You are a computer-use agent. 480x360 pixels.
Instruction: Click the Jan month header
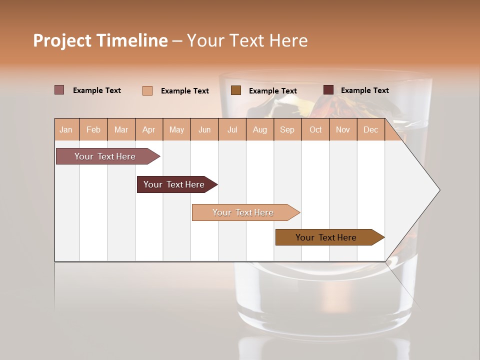[x=66, y=129]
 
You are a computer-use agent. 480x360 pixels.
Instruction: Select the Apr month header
[x=149, y=129]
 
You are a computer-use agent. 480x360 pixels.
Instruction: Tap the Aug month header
[x=259, y=129]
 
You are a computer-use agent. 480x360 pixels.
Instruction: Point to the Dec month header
[x=370, y=129]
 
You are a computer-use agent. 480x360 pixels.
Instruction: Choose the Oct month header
[x=315, y=129]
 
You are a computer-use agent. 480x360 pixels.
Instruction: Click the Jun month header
[x=204, y=129]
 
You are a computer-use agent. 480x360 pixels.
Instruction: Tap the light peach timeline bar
[x=243, y=212]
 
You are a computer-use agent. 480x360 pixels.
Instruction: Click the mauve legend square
[x=59, y=90]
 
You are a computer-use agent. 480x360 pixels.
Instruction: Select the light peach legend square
[x=147, y=90]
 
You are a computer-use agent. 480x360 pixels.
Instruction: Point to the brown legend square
[x=236, y=90]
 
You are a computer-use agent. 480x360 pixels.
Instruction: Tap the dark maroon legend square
[x=328, y=90]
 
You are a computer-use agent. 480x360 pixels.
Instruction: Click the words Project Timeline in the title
[x=100, y=40]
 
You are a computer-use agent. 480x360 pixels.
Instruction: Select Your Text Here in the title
[x=247, y=40]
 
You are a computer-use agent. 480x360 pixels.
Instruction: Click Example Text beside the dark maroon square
[x=364, y=90]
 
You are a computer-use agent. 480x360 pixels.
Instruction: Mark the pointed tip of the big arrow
[x=439, y=190]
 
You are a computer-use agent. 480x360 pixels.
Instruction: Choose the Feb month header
[x=93, y=129]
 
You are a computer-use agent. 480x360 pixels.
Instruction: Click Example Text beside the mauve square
[x=96, y=90]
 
